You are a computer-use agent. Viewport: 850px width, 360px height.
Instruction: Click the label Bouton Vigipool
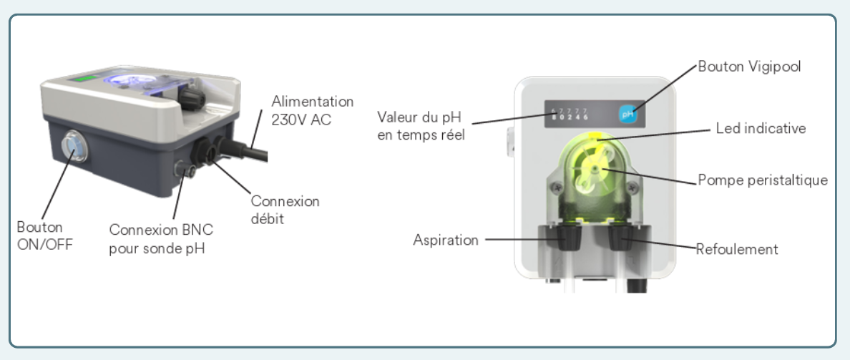[x=749, y=67]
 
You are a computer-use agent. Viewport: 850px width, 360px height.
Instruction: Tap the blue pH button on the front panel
[x=628, y=112]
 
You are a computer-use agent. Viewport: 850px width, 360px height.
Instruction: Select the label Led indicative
[x=760, y=129]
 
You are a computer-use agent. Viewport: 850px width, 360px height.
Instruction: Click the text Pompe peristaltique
[x=763, y=180]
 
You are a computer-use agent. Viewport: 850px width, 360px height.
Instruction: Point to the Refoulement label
[x=737, y=250]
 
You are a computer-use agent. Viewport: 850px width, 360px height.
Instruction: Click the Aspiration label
[x=446, y=240]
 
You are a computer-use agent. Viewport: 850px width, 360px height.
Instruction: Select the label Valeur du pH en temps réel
[x=419, y=125]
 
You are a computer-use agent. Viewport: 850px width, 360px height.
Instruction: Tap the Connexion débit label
[x=285, y=210]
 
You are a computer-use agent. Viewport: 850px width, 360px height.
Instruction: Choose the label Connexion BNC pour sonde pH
[x=161, y=238]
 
